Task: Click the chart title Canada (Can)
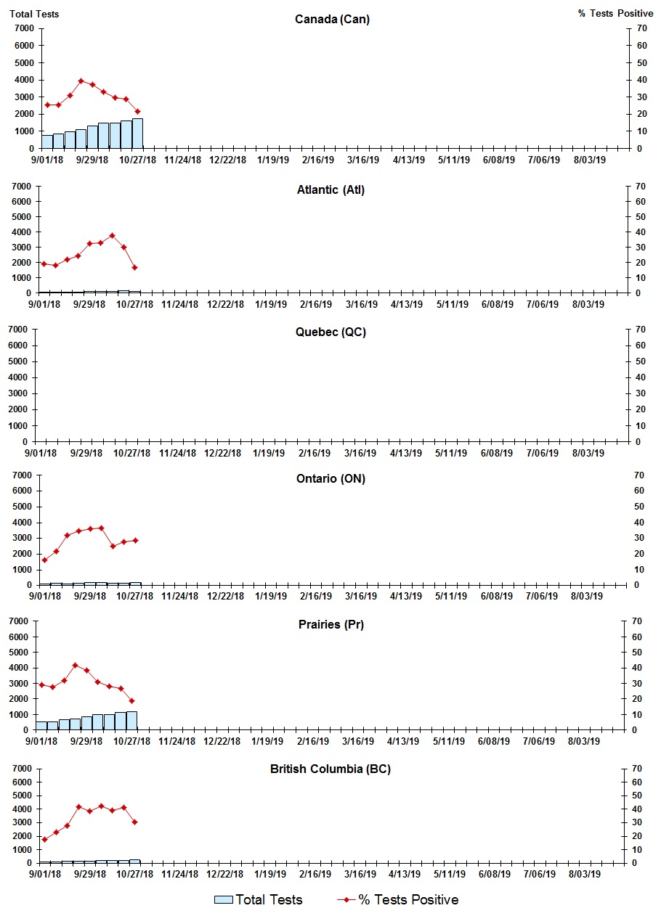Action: click(332, 19)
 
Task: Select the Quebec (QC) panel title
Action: click(330, 332)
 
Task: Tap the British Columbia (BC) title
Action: click(330, 769)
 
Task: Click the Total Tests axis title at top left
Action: click(34, 14)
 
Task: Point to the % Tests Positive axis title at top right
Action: click(615, 14)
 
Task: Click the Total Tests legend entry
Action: click(259, 900)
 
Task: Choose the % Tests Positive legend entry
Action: click(398, 900)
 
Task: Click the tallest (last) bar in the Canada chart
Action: click(137, 134)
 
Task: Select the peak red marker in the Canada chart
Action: click(81, 81)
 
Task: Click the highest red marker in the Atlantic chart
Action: click(112, 235)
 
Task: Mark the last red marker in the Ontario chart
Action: click(135, 540)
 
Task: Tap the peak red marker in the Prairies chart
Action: click(75, 665)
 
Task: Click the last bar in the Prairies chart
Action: click(131, 721)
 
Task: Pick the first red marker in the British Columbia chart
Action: click(44, 839)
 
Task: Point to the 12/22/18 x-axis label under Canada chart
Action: click(227, 160)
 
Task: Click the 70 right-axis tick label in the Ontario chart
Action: click(639, 475)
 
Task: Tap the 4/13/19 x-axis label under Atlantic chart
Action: click(407, 304)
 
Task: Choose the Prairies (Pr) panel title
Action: click(329, 624)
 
